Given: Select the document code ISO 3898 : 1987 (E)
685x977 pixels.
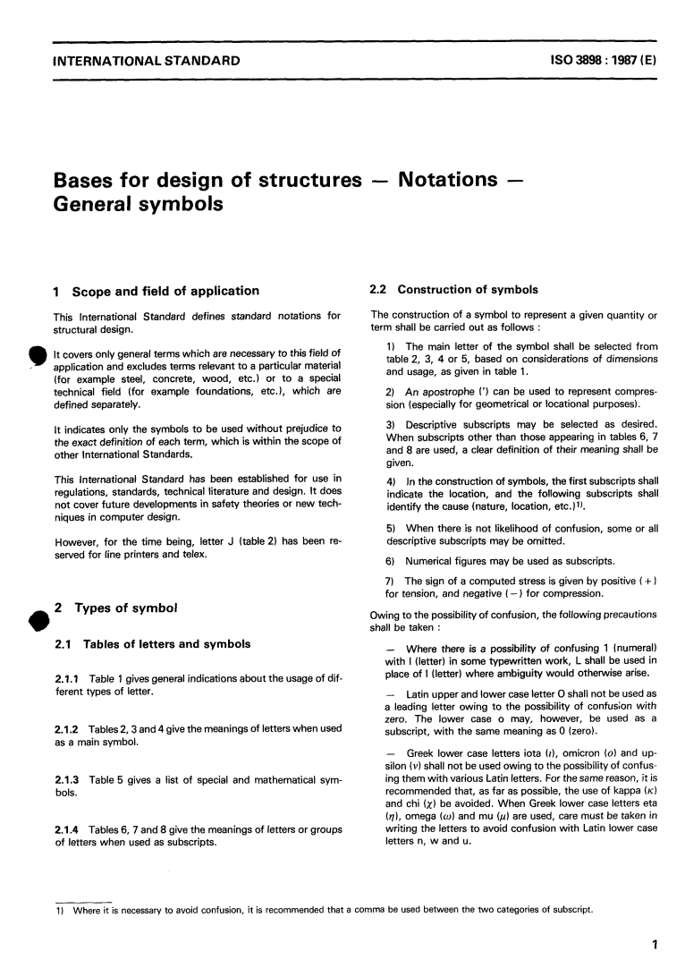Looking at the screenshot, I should [x=598, y=61].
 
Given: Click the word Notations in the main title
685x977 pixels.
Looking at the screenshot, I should [x=446, y=179].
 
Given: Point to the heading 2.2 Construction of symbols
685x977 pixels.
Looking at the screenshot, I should [x=454, y=290].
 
